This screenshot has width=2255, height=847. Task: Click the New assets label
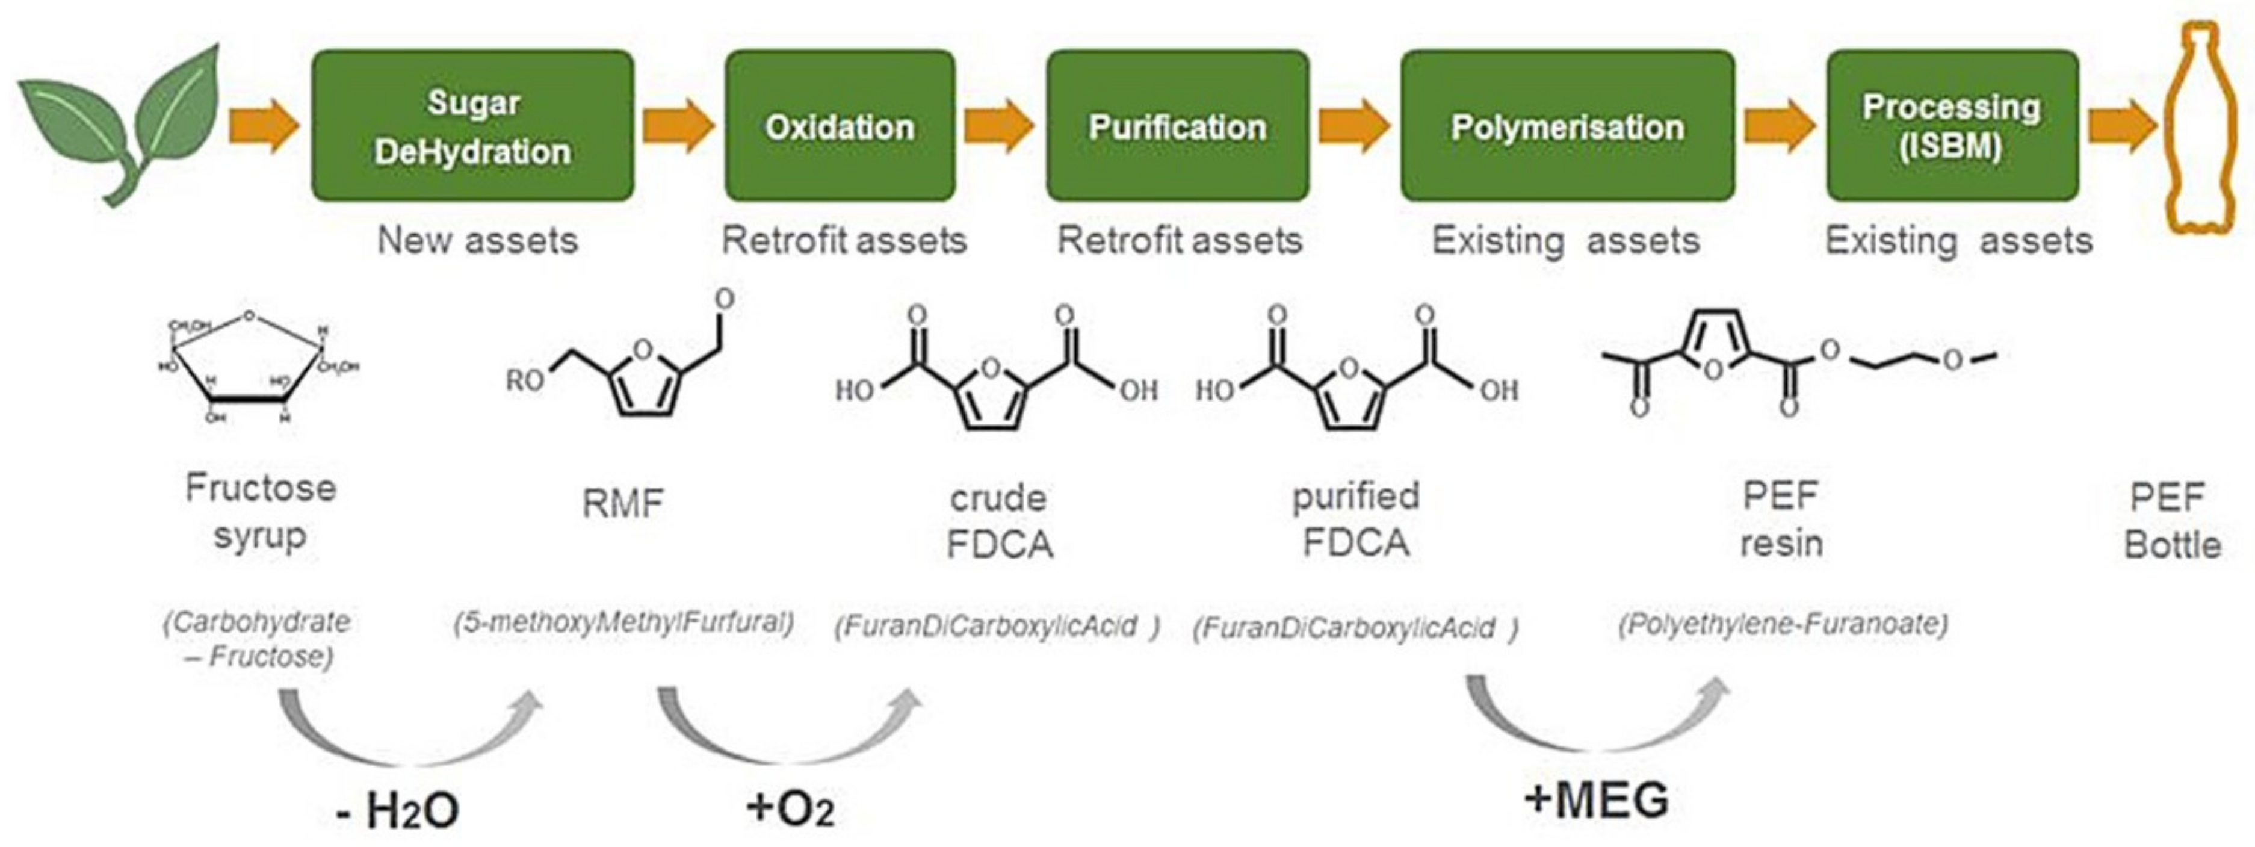[477, 240]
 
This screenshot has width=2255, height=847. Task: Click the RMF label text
[622, 504]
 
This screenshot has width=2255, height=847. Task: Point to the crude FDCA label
[999, 522]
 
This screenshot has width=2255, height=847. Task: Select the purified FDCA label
[1356, 520]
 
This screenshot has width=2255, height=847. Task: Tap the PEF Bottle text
[2172, 522]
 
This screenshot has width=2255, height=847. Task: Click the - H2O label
[398, 810]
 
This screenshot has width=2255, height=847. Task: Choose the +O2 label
[790, 808]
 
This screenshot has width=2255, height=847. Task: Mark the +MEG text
[1596, 799]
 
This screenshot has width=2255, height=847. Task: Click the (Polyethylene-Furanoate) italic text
[1783, 624]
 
